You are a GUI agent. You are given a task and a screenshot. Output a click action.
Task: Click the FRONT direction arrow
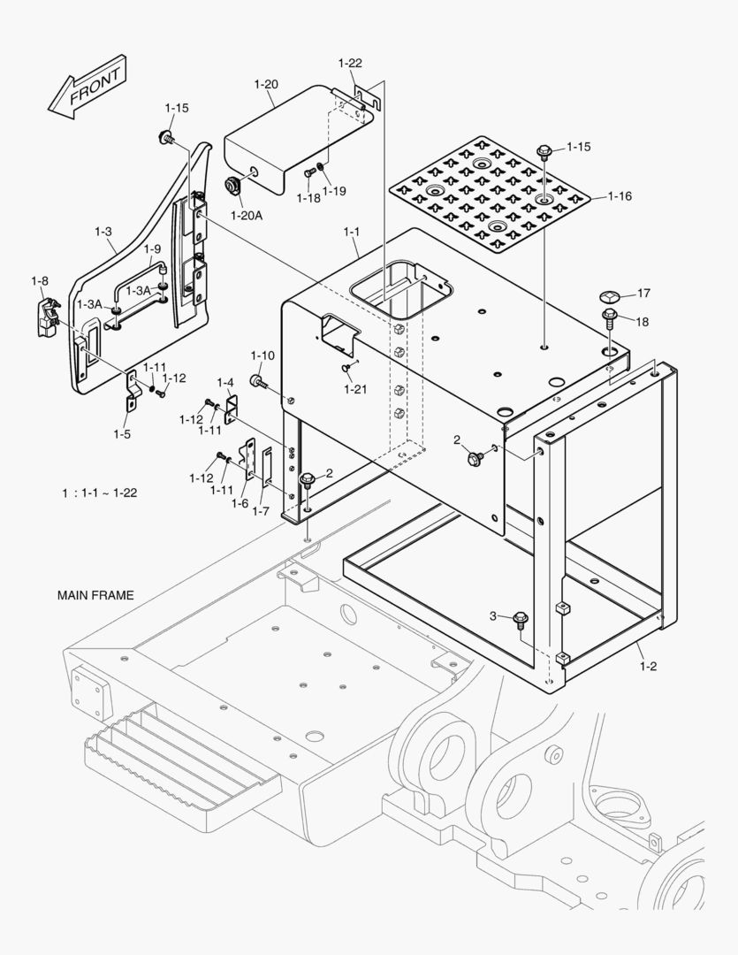click(87, 88)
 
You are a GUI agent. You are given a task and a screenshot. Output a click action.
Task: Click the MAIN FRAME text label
click(95, 595)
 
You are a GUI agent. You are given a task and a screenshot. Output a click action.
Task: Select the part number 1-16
click(620, 196)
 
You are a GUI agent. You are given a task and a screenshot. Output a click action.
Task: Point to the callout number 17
click(643, 293)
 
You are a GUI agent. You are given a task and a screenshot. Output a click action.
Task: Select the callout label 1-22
click(350, 63)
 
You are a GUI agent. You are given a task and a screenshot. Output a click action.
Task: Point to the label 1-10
click(262, 355)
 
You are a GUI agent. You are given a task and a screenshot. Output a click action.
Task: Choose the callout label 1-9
click(152, 249)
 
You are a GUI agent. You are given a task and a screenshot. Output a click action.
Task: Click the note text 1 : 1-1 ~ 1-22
click(99, 493)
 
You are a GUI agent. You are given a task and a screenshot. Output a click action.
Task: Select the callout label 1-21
click(356, 389)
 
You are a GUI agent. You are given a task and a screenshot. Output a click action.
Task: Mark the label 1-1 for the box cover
click(352, 232)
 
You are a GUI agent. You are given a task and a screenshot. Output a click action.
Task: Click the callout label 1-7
click(262, 510)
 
